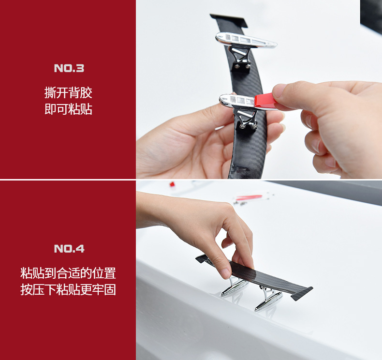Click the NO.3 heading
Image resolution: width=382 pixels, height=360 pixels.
[x=69, y=68]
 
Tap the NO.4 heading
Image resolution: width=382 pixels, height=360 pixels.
[x=69, y=249]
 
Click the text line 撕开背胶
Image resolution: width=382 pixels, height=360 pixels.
[x=68, y=92]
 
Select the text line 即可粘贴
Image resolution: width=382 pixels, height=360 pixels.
[x=68, y=109]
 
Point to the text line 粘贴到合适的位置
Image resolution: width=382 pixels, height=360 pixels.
[x=68, y=273]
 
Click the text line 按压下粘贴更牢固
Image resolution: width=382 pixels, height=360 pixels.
[x=68, y=289]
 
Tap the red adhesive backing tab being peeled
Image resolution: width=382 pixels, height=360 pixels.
[x=265, y=101]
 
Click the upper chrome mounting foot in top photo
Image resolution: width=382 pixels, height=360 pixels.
[x=246, y=40]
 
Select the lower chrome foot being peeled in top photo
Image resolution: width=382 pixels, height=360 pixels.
[x=237, y=101]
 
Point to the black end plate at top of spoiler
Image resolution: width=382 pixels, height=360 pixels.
[x=229, y=19]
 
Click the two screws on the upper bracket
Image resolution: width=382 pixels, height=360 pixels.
[x=241, y=66]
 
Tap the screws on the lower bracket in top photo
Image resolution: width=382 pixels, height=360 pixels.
[x=248, y=126]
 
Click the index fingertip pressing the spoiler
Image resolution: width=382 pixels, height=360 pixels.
[x=225, y=273]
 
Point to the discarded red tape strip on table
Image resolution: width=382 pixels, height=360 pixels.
[x=249, y=197]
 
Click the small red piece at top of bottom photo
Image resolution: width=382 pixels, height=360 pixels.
[x=172, y=184]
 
